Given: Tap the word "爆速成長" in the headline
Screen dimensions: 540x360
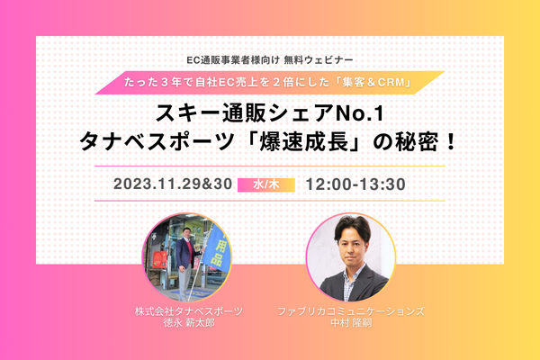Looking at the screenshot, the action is coord(302,142).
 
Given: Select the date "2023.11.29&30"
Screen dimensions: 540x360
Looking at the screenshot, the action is coord(173,184).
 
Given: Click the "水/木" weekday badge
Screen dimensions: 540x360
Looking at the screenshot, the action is coord(266,184).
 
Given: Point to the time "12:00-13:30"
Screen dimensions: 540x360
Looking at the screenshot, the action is coord(355,184).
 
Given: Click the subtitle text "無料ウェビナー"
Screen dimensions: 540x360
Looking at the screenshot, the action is coord(319,60).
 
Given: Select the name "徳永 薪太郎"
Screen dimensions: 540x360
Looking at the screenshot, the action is coord(189,323).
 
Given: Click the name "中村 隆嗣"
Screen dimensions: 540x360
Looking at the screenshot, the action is coord(351,323).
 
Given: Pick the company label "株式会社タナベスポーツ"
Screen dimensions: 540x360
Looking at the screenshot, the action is coord(189,311).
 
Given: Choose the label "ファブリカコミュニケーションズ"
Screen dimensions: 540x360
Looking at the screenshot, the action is coord(351,311).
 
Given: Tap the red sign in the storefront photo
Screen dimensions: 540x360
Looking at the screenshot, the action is coord(159,259).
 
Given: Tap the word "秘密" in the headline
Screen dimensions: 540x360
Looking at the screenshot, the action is coord(417,142).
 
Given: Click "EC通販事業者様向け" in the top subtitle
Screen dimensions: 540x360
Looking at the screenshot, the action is coord(233,60).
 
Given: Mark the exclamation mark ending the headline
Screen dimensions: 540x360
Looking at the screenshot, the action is coord(450,142).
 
